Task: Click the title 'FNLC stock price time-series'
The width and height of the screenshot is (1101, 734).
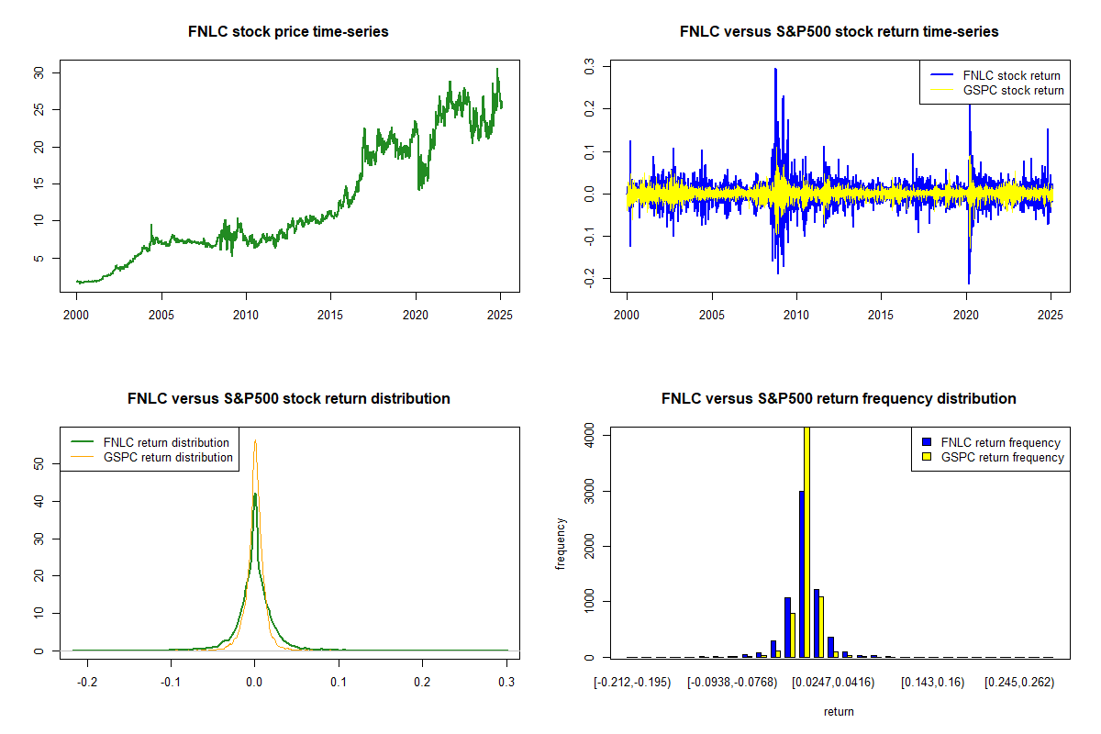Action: pyautogui.click(x=288, y=32)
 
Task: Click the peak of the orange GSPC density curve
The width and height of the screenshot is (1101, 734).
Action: pyautogui.click(x=255, y=441)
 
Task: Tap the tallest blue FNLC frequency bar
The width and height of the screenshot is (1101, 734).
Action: pyautogui.click(x=801, y=573)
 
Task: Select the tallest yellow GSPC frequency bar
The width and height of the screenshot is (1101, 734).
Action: pyautogui.click(x=807, y=541)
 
